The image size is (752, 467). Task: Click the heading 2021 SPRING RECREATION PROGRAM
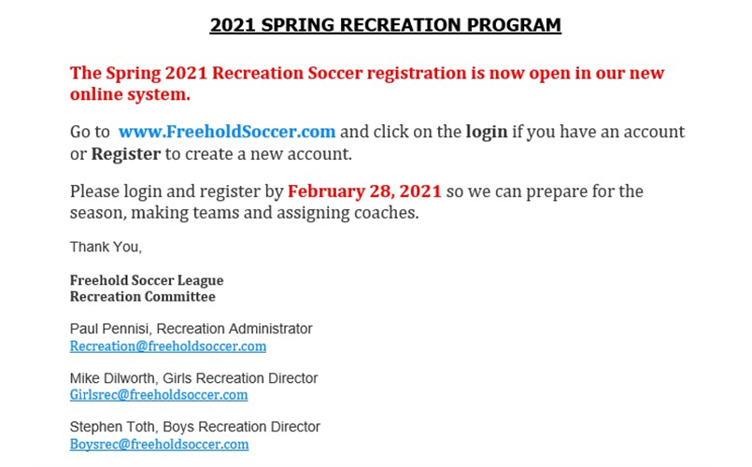[385, 25]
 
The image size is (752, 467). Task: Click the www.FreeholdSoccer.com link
[227, 132]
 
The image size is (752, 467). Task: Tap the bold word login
[486, 132]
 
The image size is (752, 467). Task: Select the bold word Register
[126, 153]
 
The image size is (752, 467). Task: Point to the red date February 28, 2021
[364, 191]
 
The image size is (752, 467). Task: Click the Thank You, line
[106, 248]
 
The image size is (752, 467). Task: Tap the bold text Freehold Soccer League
[147, 280]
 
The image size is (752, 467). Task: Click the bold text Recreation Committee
[142, 297]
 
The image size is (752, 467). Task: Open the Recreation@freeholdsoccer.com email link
[168, 347]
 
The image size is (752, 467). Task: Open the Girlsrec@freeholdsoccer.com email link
[159, 395]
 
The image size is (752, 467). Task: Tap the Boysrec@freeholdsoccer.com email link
[159, 445]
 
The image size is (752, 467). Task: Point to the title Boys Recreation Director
[241, 427]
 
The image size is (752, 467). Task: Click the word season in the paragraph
[97, 213]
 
